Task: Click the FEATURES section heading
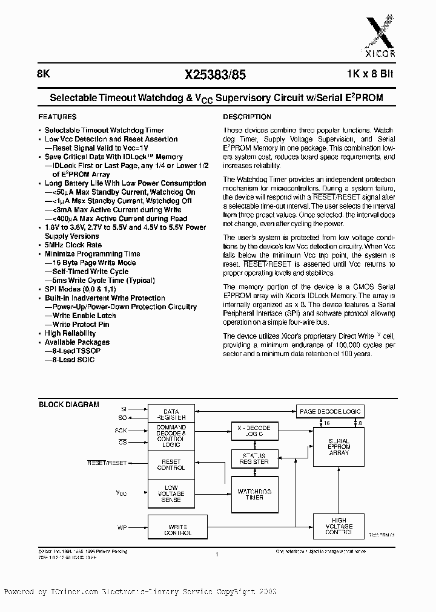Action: point(58,117)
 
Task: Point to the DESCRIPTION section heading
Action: point(247,117)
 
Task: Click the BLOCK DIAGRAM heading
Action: point(69,405)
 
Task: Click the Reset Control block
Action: point(171,464)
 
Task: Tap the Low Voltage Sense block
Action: point(171,493)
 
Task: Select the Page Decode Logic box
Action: point(330,411)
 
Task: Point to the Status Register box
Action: point(254,458)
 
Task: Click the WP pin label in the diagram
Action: point(122,527)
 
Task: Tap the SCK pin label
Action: point(121,430)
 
